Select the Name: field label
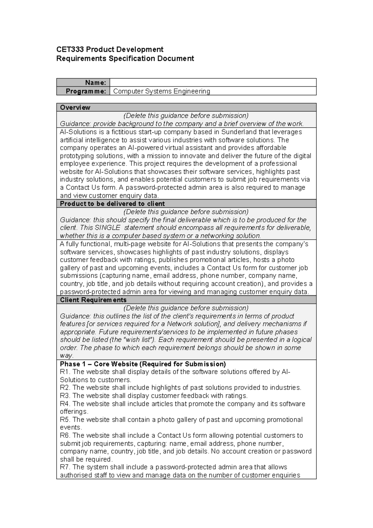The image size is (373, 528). pyautogui.click(x=96, y=83)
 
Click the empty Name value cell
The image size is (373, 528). pyautogui.click(x=213, y=82)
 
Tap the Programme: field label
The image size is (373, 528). pyautogui.click(x=86, y=91)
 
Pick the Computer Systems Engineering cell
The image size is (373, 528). pyautogui.click(x=162, y=91)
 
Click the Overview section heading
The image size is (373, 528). pyautogui.click(x=75, y=108)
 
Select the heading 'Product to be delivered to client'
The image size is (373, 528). pyautogui.click(x=112, y=204)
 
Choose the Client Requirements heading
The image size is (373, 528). pyautogui.click(x=93, y=300)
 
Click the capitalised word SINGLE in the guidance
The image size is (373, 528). pyautogui.click(x=107, y=228)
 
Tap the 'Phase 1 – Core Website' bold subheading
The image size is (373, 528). pyautogui.click(x=143, y=364)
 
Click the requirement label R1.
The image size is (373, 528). pyautogui.click(x=65, y=372)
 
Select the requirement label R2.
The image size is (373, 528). pyautogui.click(x=65, y=388)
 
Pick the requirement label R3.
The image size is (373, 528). pyautogui.click(x=65, y=396)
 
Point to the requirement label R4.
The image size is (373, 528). pyautogui.click(x=65, y=404)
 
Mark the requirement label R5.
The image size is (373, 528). pyautogui.click(x=65, y=420)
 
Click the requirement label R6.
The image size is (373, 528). pyautogui.click(x=65, y=436)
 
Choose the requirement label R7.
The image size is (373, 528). pyautogui.click(x=65, y=467)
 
